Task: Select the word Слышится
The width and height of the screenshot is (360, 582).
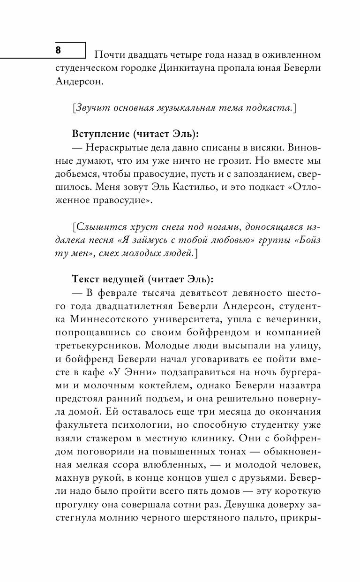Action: point(96,226)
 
